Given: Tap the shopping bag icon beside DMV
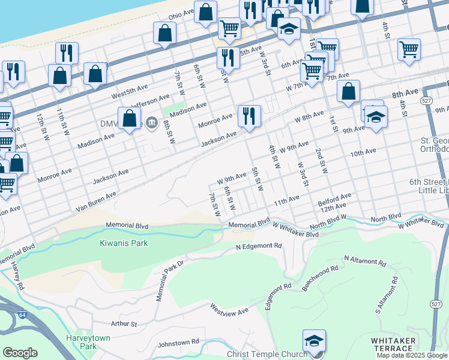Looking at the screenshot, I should point(129,119).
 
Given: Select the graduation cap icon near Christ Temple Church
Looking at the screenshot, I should point(314,342).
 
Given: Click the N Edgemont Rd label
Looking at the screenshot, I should point(259,247).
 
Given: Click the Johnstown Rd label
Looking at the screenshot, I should point(178,343).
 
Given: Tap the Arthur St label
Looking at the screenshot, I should point(124,324).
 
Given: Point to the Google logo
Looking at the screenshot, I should point(20,353).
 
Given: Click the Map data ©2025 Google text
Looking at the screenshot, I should point(412,355).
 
